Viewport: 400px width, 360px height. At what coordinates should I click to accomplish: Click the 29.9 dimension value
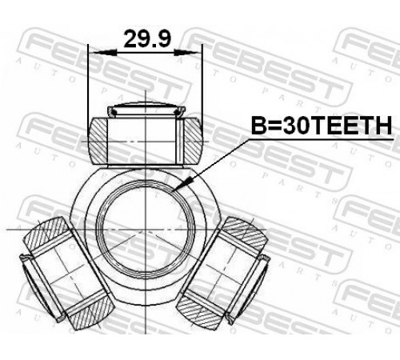[x=147, y=39]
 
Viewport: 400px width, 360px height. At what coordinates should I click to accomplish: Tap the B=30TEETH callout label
[x=322, y=126]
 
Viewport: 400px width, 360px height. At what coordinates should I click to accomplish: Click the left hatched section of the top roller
[x=98, y=141]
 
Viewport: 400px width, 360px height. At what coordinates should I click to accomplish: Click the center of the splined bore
[x=146, y=229]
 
